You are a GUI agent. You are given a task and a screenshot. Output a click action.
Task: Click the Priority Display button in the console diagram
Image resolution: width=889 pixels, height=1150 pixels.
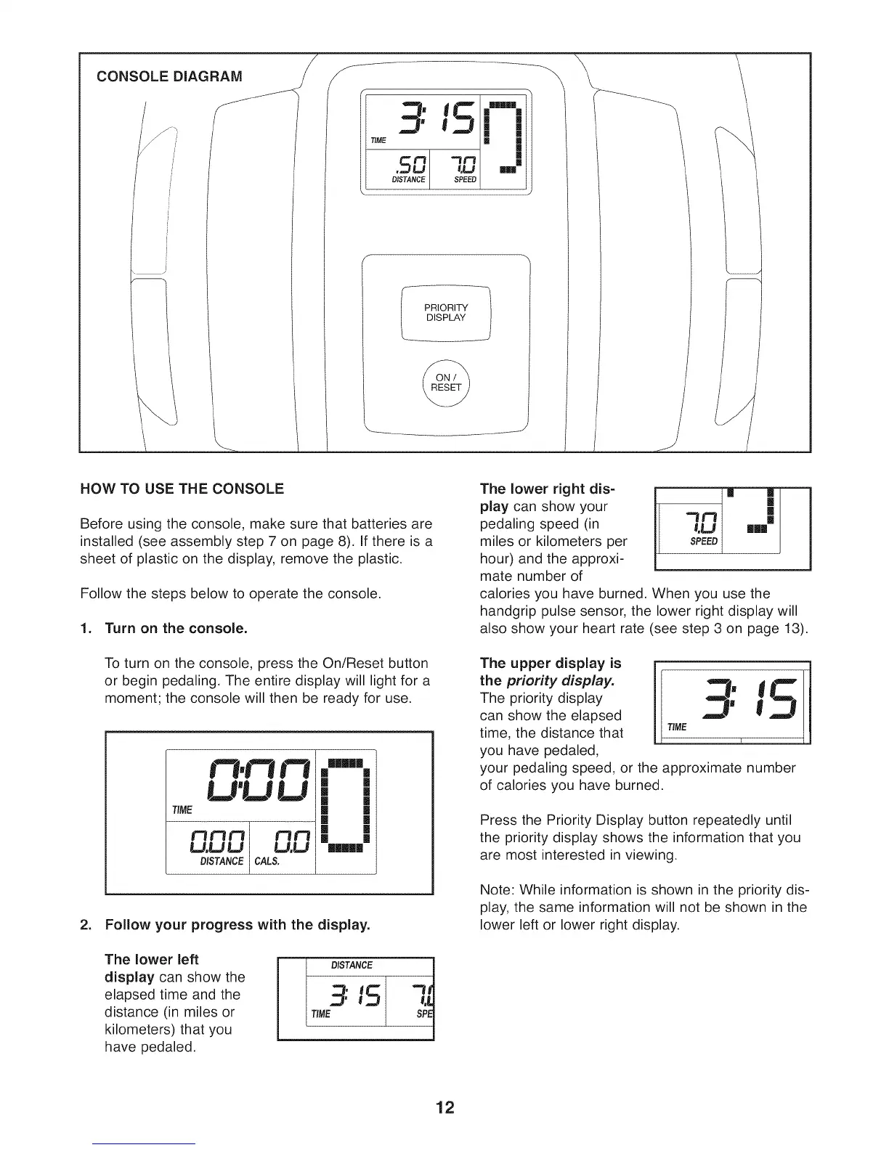pos(446,313)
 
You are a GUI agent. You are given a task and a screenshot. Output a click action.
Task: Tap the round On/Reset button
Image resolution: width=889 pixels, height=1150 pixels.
pos(445,383)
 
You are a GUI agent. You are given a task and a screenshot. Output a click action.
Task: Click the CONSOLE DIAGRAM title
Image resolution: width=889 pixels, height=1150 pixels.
pos(171,76)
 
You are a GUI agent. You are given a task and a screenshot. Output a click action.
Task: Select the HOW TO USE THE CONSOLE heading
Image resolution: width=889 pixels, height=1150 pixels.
pos(182,489)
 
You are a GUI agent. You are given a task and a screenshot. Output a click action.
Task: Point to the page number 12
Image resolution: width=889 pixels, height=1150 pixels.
pos(444,1108)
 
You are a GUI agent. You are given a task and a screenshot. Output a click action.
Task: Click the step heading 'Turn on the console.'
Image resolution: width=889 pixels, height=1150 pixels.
pos(176,628)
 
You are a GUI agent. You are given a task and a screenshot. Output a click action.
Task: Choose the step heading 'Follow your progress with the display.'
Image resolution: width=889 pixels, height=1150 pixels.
pos(238,926)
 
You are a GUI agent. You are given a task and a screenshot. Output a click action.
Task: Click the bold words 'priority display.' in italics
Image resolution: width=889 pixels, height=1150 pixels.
pos(560,681)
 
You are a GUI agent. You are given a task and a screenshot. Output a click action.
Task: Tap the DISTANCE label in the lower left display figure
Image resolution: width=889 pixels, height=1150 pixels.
pos(352,965)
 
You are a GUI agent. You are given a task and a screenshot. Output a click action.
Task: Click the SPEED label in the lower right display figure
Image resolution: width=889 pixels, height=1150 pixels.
pos(703,542)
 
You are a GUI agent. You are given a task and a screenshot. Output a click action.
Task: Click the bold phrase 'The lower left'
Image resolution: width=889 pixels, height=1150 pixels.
pos(152,959)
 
